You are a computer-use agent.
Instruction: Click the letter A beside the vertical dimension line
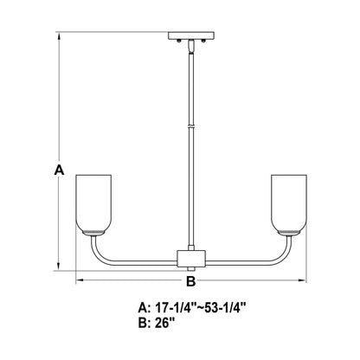tap(59, 170)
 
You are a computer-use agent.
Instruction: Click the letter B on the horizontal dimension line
tap(190, 281)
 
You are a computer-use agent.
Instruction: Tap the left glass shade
tap(93, 203)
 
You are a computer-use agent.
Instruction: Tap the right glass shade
tap(289, 203)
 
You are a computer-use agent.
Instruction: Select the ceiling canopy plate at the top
tap(191, 35)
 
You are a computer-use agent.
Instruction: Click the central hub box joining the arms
tap(191, 259)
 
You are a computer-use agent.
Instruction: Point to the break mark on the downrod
tap(191, 126)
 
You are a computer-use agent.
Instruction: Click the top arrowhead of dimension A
tap(59, 36)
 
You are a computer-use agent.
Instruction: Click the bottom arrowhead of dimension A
tap(59, 266)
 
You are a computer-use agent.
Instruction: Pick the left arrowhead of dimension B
tap(80, 280)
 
